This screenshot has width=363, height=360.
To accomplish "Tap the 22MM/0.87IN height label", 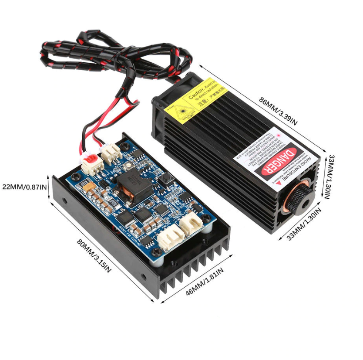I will [x=24, y=187].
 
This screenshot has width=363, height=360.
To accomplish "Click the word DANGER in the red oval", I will [x=277, y=161].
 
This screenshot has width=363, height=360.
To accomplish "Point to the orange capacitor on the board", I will [x=89, y=187].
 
